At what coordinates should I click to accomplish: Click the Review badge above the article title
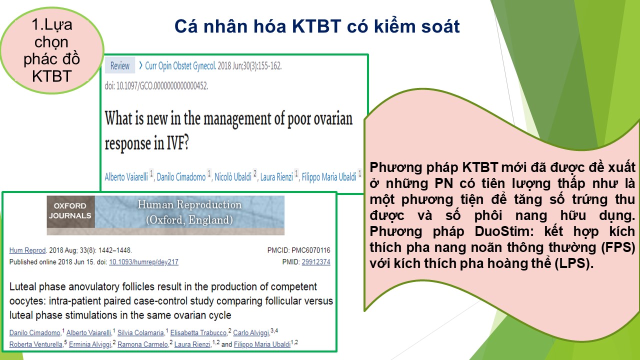click(x=119, y=65)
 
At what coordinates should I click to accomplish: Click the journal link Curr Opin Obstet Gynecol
click(x=180, y=66)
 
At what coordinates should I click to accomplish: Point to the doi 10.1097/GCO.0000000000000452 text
click(x=156, y=85)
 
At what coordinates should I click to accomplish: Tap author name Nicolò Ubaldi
click(x=233, y=177)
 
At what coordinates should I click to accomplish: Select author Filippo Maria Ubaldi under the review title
click(x=329, y=177)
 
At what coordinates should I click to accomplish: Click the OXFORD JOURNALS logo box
click(x=70, y=211)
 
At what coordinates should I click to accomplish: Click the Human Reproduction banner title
click(x=189, y=212)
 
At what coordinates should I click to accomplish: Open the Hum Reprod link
click(x=27, y=250)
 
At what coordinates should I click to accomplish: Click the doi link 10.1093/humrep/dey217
click(x=143, y=262)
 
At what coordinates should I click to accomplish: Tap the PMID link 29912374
click(x=316, y=262)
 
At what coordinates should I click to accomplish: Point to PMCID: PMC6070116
click(x=298, y=250)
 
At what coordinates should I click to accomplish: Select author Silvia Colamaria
click(x=140, y=332)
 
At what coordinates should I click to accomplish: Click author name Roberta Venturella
click(x=35, y=344)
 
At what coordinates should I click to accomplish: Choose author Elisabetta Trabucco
click(x=198, y=332)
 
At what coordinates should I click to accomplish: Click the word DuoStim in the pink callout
click(x=504, y=231)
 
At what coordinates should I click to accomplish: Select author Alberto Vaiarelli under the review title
click(x=126, y=177)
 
